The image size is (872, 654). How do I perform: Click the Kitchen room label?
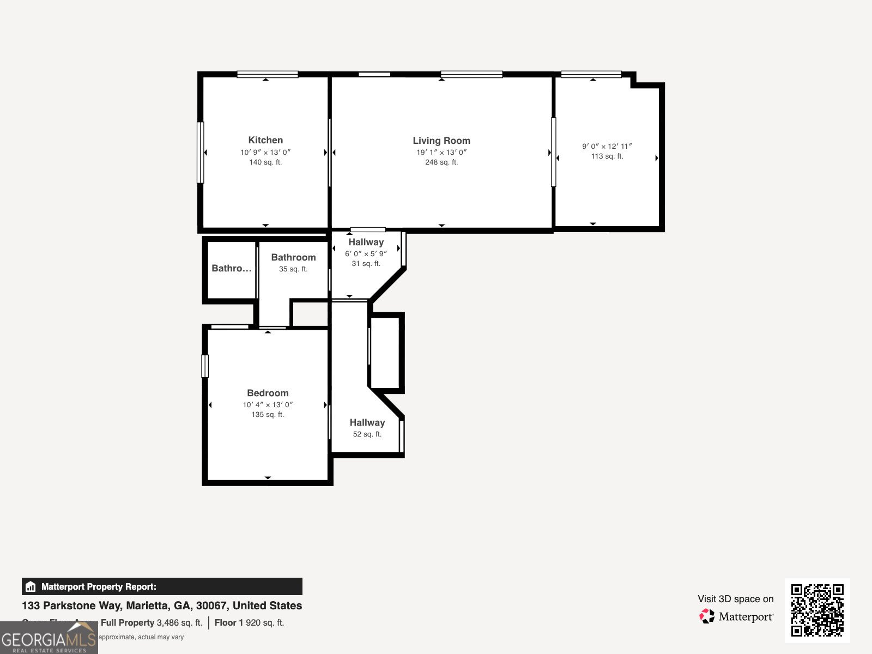click(x=265, y=140)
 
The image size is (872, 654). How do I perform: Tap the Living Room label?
click(x=441, y=141)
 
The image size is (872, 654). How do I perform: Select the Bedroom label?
click(x=268, y=393)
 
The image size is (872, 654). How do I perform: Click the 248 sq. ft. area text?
click(x=441, y=162)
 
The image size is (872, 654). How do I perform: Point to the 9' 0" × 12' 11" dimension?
click(x=607, y=146)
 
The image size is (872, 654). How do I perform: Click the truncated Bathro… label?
click(x=232, y=268)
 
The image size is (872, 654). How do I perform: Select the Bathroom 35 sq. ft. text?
click(x=293, y=269)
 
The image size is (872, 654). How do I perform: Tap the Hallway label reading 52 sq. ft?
click(x=367, y=434)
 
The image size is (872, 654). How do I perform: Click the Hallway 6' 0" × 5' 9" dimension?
click(x=366, y=254)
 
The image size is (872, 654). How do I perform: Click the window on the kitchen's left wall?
click(x=200, y=153)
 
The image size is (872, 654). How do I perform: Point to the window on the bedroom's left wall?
click(x=205, y=366)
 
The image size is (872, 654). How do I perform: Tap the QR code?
click(x=817, y=610)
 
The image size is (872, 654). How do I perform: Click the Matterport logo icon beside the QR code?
click(x=707, y=616)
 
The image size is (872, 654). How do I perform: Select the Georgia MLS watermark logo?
click(x=49, y=638)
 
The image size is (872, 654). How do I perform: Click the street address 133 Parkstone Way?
click(x=161, y=605)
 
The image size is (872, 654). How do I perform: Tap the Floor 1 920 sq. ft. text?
click(x=249, y=622)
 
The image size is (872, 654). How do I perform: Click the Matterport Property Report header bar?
click(x=162, y=586)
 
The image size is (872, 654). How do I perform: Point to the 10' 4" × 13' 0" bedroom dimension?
click(x=268, y=405)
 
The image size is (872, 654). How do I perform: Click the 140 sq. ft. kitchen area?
click(x=265, y=162)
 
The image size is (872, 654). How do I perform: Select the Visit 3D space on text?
click(x=735, y=599)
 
